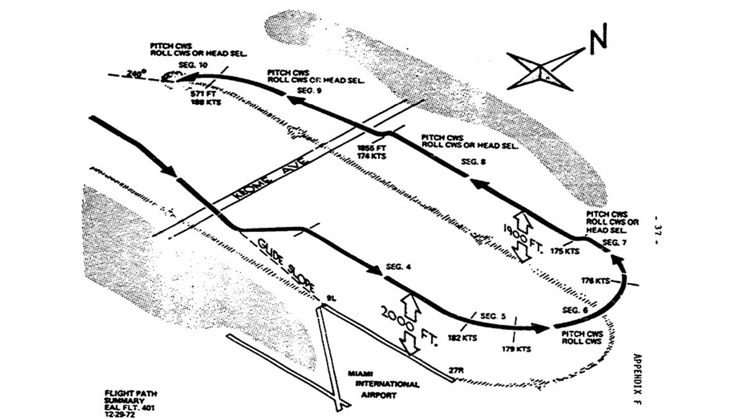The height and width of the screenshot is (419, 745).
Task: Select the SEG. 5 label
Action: [x=493, y=316]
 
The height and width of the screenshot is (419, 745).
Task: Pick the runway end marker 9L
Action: [x=323, y=299]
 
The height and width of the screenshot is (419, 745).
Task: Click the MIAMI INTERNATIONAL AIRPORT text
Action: [x=386, y=384]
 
